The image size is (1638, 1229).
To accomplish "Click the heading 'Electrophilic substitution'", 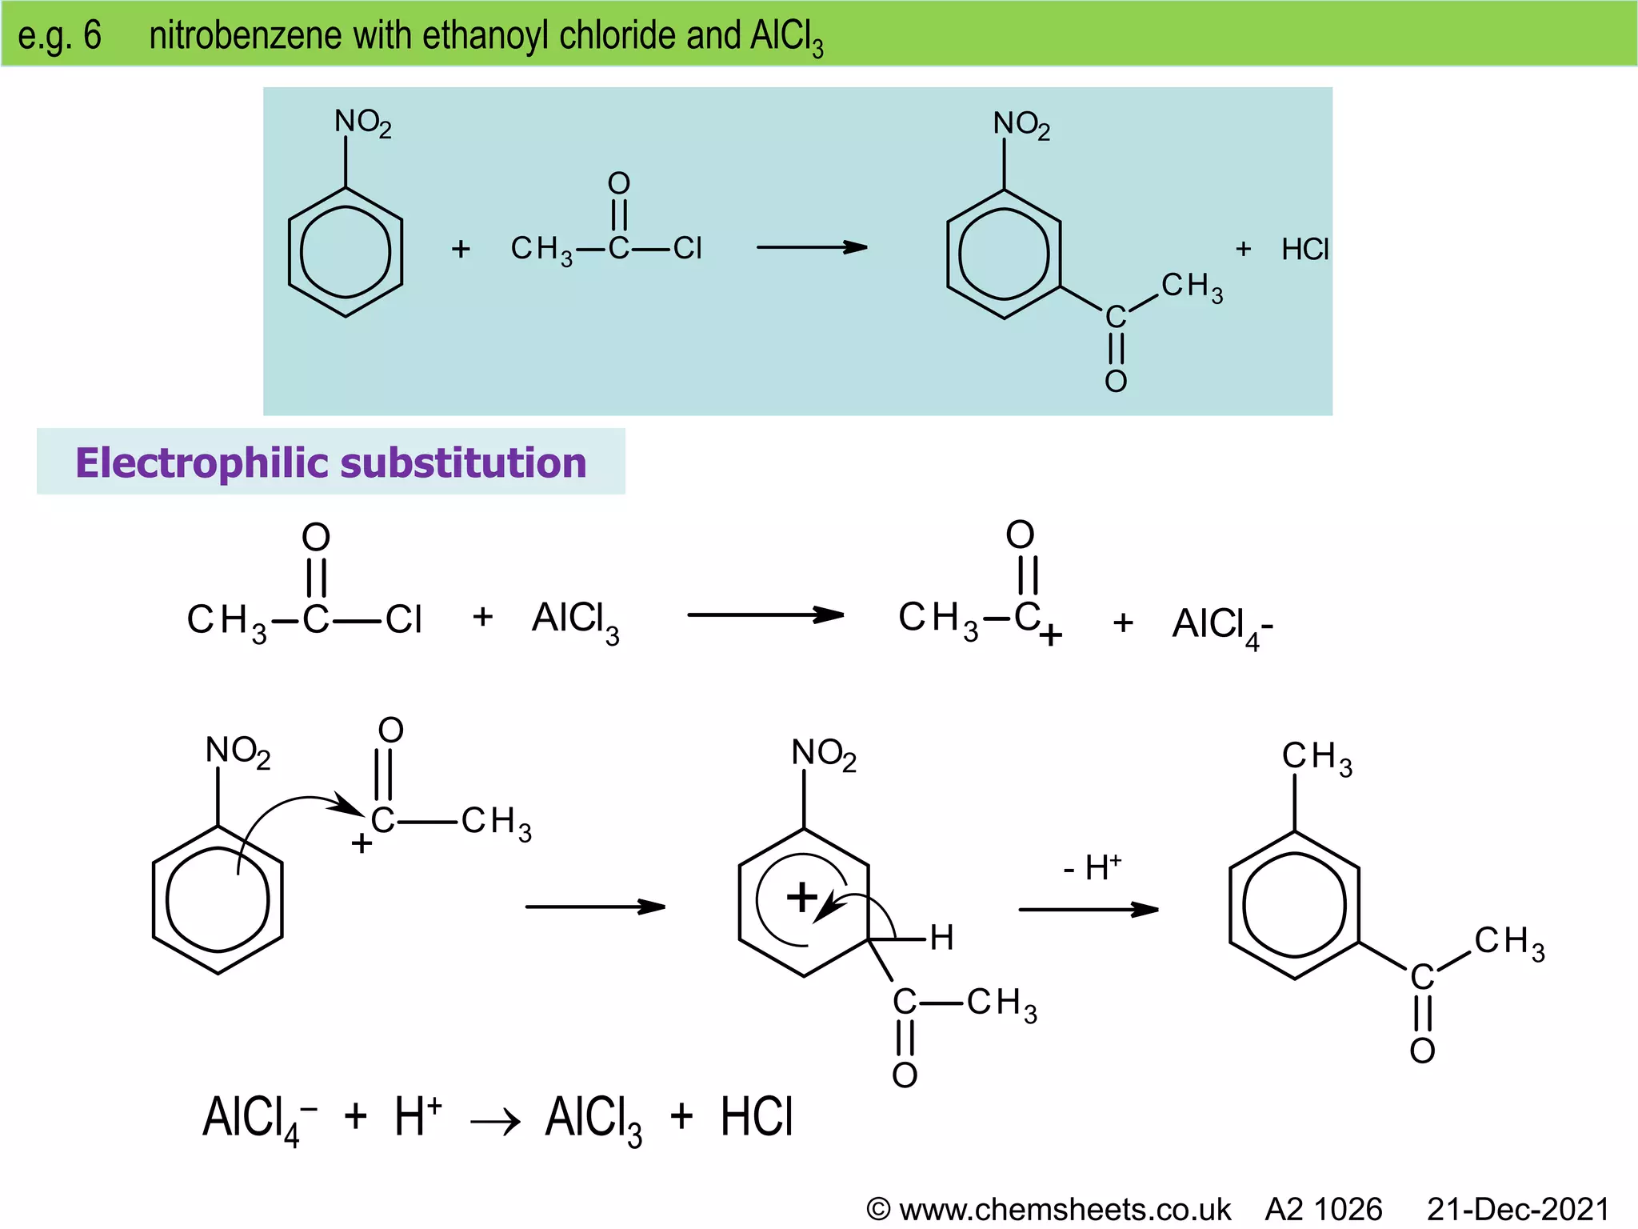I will [x=330, y=462].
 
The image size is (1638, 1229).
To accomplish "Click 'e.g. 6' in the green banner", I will [x=60, y=35].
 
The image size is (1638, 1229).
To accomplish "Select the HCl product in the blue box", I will [x=1304, y=250].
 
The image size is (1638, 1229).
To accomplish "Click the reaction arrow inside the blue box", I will [x=811, y=247].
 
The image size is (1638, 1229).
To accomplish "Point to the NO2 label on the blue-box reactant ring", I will [x=362, y=122].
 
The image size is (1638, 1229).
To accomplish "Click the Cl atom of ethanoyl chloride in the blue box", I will [x=687, y=248].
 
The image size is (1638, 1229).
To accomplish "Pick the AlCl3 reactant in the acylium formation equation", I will [x=575, y=621].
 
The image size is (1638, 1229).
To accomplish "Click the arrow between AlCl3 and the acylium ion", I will [x=765, y=615].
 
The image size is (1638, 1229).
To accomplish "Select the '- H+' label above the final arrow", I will [x=1092, y=867].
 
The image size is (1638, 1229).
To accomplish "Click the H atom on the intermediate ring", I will [x=941, y=938].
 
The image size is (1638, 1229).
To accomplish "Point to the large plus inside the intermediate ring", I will [x=802, y=897].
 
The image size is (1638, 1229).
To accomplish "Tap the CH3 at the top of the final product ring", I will [x=1316, y=757].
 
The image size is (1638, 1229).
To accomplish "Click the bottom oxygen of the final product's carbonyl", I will [x=1422, y=1051].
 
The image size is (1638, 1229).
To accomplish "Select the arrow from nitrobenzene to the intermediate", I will [x=594, y=907].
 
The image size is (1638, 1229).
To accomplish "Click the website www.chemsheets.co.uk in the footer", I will [x=1064, y=1209].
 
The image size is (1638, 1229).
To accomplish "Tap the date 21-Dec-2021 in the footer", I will [x=1518, y=1209].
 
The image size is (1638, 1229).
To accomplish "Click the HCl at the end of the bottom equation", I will [x=756, y=1117].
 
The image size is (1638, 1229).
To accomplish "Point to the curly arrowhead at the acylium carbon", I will [x=350, y=807].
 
